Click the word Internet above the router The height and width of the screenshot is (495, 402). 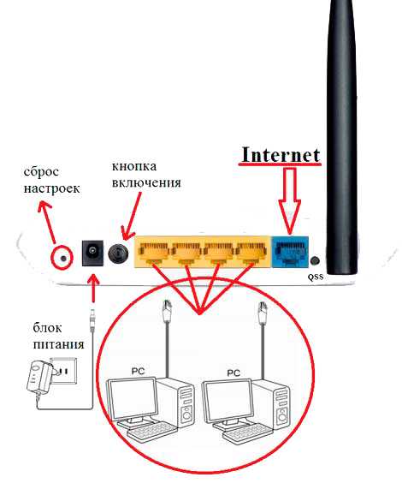point(281,155)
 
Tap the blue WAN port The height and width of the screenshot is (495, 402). point(290,252)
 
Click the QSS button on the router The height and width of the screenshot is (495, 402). point(315,260)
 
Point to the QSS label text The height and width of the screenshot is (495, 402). point(316,277)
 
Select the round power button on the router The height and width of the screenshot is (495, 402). point(118,253)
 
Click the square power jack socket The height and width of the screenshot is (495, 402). point(92,253)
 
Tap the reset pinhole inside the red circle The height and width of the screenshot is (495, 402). point(63,259)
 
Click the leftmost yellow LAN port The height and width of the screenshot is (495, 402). point(154,252)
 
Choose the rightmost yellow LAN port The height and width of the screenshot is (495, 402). point(252,252)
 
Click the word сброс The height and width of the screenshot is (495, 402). point(41,172)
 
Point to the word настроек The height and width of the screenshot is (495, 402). point(51,188)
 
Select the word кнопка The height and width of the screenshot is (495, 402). point(134,166)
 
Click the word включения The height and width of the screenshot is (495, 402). point(146,182)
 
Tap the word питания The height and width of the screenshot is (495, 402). point(59,343)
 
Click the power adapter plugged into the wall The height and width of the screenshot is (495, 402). point(40,378)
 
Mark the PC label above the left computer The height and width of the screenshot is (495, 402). point(138,371)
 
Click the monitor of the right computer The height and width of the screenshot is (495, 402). point(228,402)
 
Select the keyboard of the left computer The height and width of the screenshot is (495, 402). point(151,431)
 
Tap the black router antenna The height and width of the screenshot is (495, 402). point(342,136)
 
